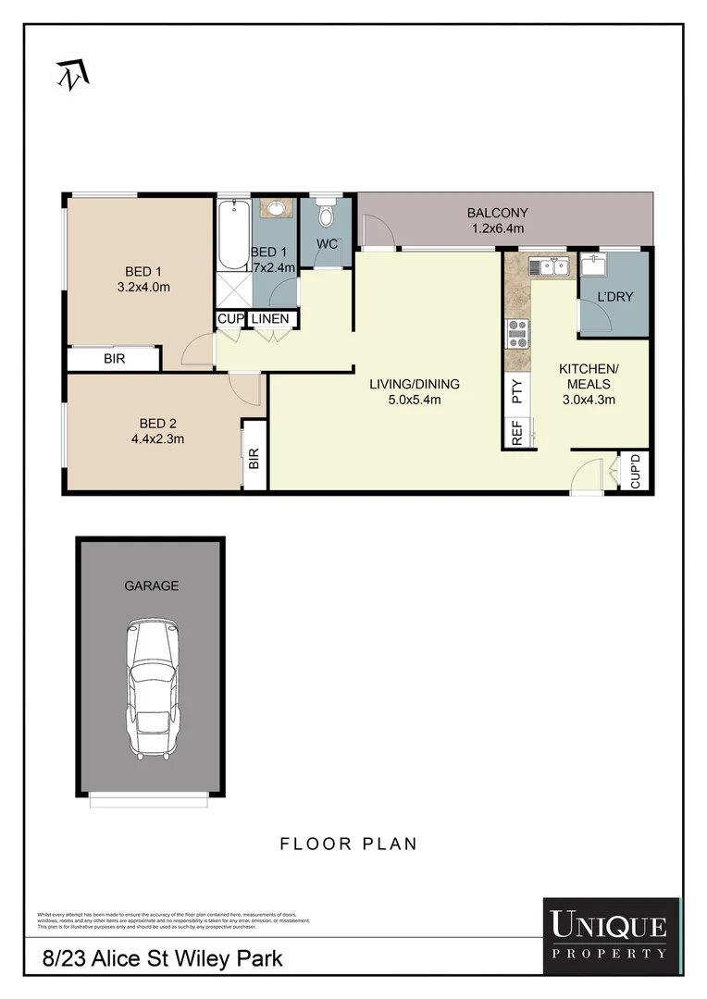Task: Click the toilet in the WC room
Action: (325, 215)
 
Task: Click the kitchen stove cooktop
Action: (517, 333)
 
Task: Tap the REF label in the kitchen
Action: (517, 434)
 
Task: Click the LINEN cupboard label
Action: (271, 319)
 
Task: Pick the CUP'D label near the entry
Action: (636, 472)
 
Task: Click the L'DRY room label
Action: (614, 297)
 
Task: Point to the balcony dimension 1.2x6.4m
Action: (497, 228)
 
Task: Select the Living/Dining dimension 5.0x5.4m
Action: (414, 400)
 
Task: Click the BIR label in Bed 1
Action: (114, 358)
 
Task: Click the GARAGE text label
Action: (151, 586)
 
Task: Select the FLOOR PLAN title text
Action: (348, 844)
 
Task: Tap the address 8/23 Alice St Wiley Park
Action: (163, 959)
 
